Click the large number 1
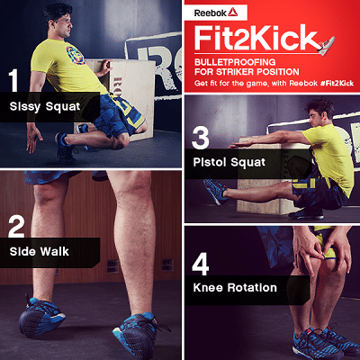click(14, 81)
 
